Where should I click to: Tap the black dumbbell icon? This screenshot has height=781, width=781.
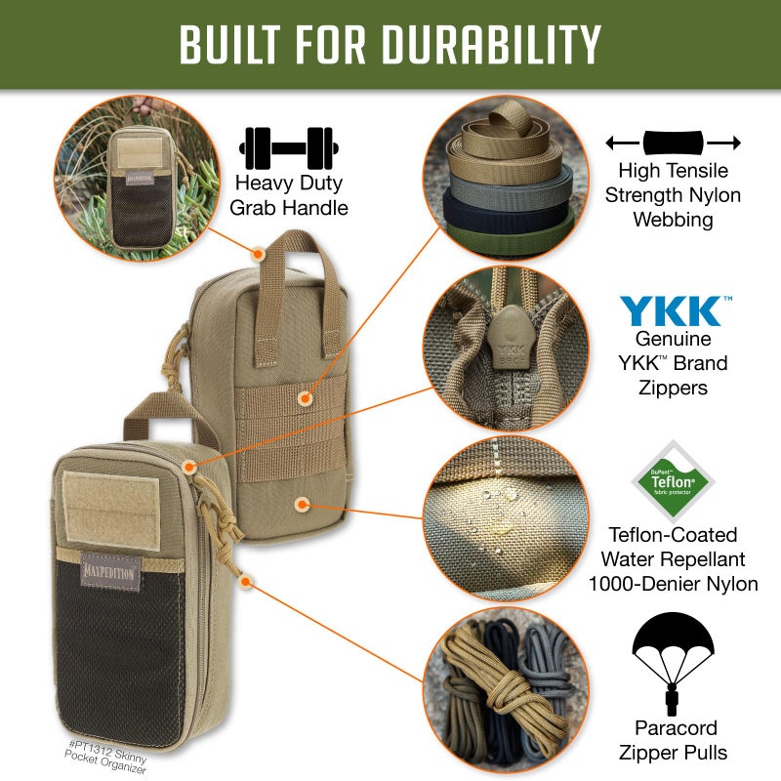[x=287, y=147]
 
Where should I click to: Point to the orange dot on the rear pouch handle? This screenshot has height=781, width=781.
[x=258, y=253]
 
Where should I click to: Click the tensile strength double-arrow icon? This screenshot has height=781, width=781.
[x=673, y=143]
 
